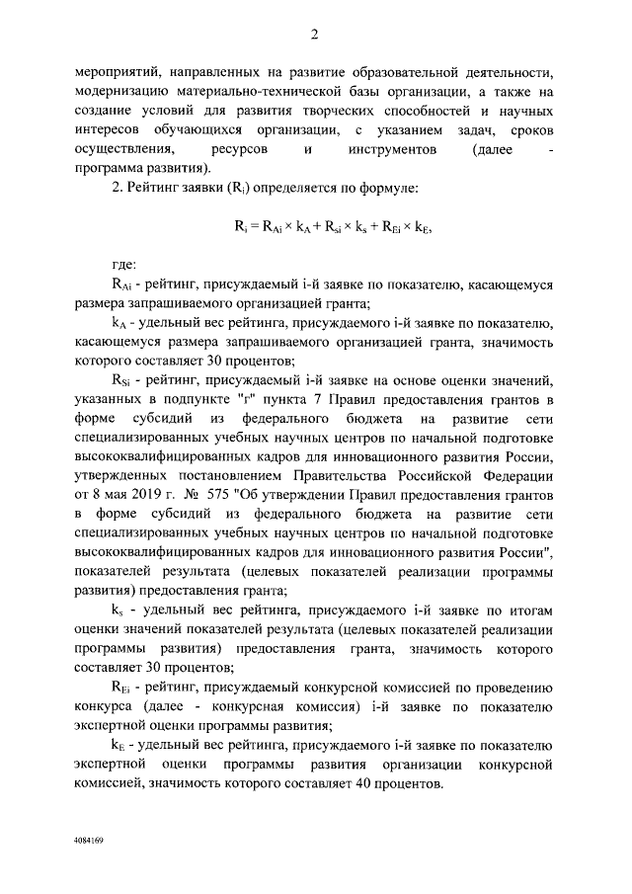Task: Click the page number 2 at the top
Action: tap(314, 36)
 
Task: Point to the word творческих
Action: tap(339, 111)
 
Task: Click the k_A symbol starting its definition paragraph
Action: tap(118, 322)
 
